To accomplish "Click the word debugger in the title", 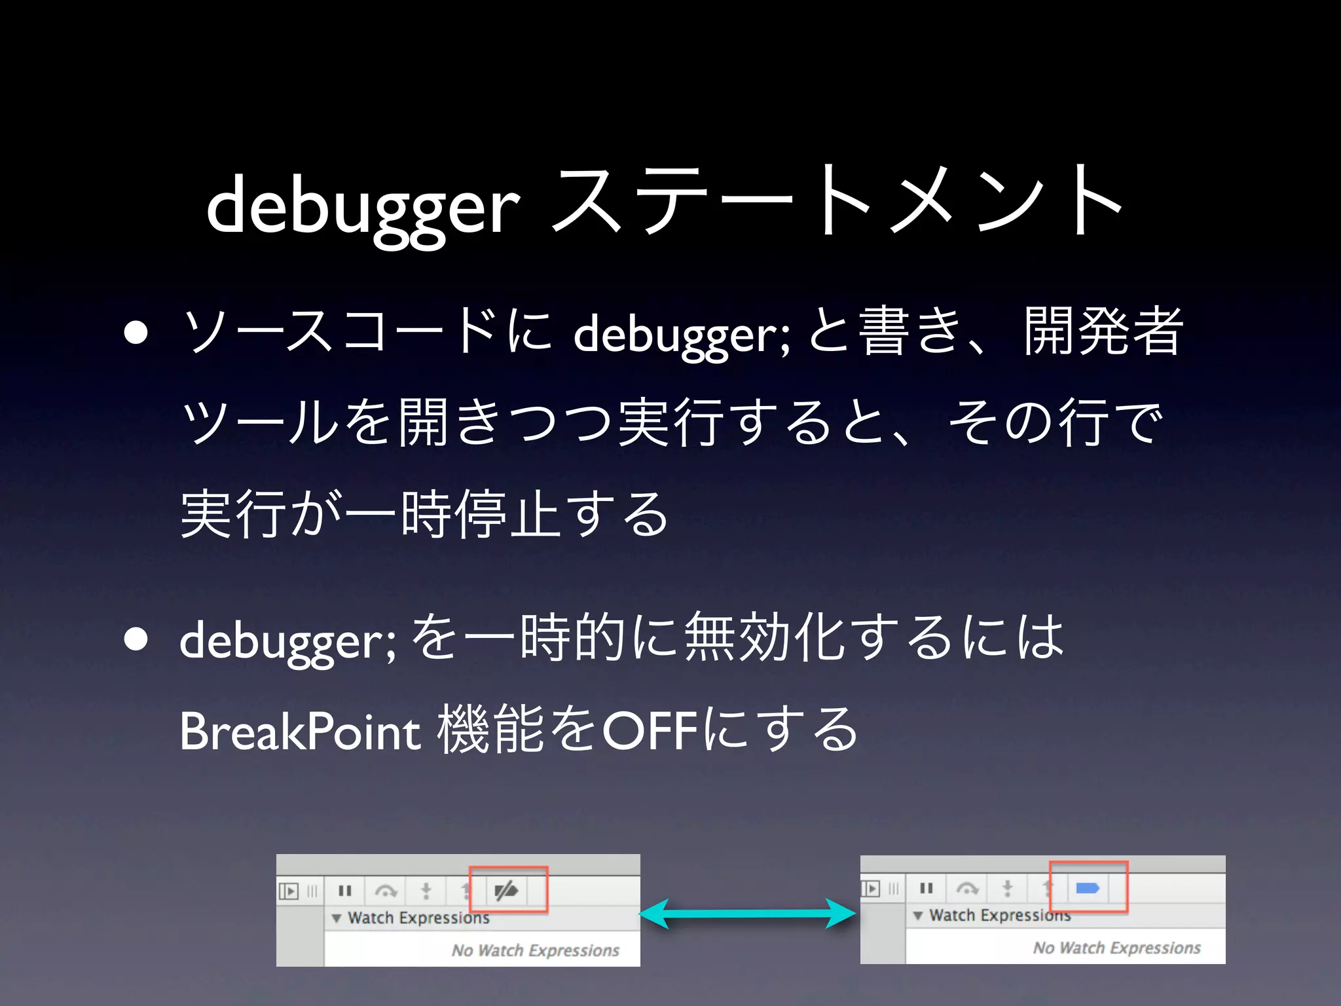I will tap(363, 206).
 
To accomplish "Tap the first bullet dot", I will tap(136, 333).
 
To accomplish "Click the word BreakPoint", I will tap(300, 731).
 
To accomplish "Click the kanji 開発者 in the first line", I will tap(1103, 331).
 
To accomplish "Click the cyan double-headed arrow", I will tap(748, 913).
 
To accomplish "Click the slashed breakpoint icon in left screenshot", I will tap(506, 890).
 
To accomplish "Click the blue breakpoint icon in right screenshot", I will tap(1087, 888).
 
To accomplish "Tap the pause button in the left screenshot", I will tap(345, 891).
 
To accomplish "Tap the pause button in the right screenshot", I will tap(926, 888).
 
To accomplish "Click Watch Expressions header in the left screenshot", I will tap(418, 918).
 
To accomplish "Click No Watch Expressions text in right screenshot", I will tap(1116, 948).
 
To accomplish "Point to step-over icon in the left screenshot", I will tap(386, 891).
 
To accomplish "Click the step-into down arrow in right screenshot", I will tap(1008, 889).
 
